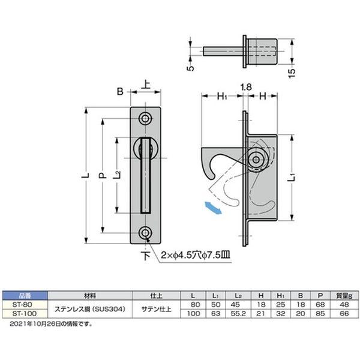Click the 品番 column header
(24, 296)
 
